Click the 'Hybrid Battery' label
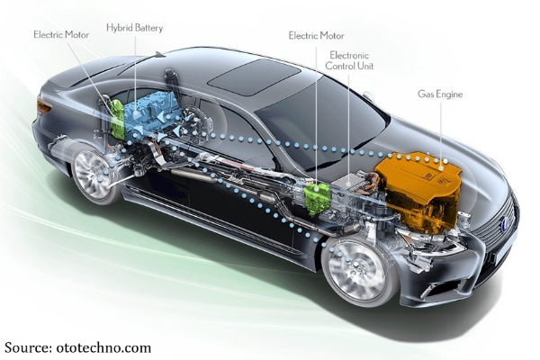point(134,28)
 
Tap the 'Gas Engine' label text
point(440,94)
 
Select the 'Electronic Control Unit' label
point(349,60)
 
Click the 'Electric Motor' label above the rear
point(61,35)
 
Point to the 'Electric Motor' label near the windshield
point(316,36)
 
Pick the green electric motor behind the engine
point(318,198)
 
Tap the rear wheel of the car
point(94,174)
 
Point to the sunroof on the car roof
point(254,76)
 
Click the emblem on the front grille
point(504,224)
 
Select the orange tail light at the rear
point(44,105)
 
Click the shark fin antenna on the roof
point(160,54)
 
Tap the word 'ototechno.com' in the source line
point(103,347)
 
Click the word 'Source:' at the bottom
point(28,347)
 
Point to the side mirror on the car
point(369,96)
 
